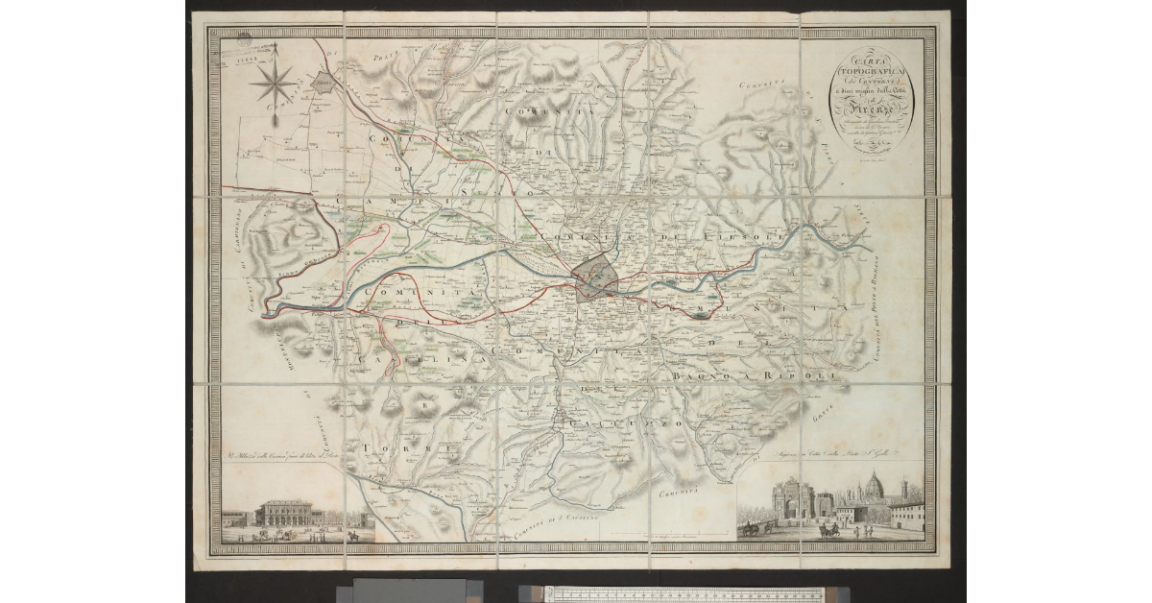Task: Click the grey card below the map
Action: pos(413,591)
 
